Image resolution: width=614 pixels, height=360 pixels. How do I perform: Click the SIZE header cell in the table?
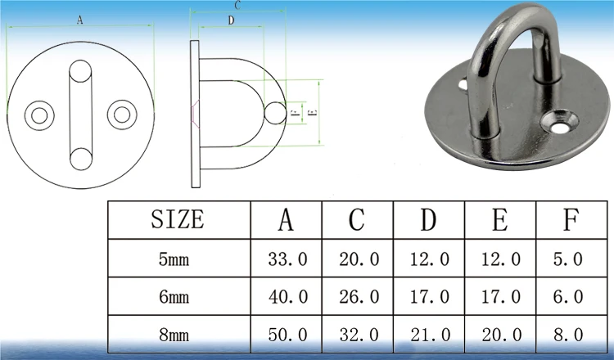178,219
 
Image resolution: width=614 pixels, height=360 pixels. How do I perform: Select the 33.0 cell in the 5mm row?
288,259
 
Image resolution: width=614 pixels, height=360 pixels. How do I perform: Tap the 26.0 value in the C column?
359,297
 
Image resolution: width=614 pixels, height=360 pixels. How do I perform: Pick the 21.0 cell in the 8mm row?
430,335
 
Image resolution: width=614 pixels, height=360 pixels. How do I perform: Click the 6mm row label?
174,297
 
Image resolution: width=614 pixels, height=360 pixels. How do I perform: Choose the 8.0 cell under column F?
568,335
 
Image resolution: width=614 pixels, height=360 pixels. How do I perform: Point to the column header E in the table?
500,219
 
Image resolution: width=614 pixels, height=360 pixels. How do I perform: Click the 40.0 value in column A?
288,297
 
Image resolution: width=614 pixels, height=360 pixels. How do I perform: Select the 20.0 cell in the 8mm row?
502,335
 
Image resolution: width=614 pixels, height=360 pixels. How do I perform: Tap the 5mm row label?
174,259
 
